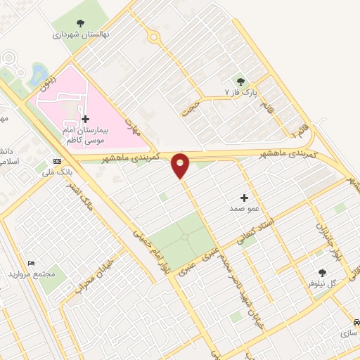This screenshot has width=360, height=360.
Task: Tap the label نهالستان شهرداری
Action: pos(77,34)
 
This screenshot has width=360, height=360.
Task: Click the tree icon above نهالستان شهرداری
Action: pos(78,22)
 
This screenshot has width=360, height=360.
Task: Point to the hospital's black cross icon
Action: pos(86,120)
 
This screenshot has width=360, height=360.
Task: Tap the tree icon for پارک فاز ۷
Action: pos(241,81)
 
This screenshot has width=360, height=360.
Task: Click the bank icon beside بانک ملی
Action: pos(57,160)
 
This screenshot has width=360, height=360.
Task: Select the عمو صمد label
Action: pos(243,210)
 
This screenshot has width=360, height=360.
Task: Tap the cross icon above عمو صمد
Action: pos(244,198)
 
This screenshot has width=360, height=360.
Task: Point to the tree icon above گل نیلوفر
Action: pos(323,272)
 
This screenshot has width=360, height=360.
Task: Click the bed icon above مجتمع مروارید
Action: pos(32,263)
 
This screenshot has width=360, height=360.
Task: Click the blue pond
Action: pos(37,73)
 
